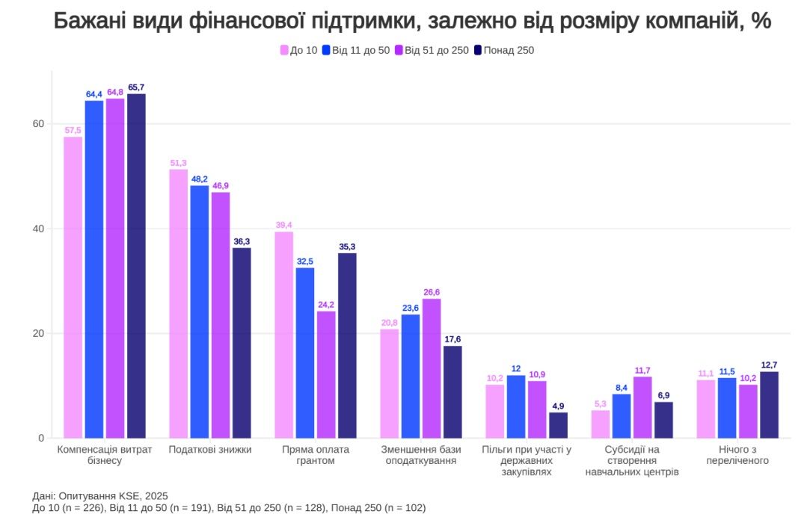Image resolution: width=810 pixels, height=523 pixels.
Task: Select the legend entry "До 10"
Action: (299, 50)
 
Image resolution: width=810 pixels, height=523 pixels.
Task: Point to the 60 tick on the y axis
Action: (38, 124)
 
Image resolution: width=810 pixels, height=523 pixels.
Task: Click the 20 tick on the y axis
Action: (38, 333)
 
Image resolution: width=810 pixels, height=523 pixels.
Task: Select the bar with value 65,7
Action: (136, 265)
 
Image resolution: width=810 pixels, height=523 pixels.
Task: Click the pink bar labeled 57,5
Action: (73, 287)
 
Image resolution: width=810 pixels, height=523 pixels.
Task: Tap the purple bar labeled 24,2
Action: (326, 374)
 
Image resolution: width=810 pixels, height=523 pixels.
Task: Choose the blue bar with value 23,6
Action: (411, 376)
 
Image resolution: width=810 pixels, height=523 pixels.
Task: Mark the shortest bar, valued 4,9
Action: (558, 424)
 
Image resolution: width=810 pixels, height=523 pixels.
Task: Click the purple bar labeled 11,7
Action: (642, 407)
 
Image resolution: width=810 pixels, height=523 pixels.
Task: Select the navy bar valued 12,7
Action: (769, 404)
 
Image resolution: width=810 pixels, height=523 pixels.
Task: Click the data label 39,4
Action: (283, 224)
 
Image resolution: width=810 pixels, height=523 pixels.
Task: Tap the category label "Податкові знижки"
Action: (210, 450)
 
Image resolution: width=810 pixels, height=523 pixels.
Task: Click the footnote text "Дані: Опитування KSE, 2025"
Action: (99, 496)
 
